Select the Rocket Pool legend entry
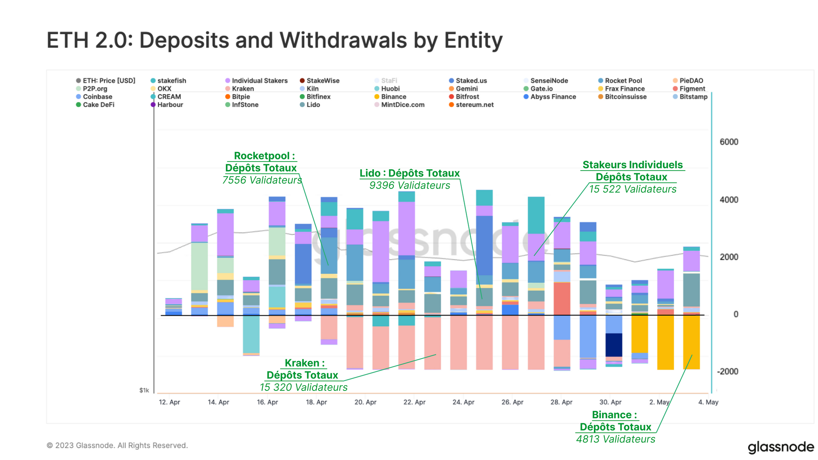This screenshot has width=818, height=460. pos(623,81)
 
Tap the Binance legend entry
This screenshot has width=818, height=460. pos(393,96)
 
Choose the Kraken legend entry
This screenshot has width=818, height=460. pos(243,89)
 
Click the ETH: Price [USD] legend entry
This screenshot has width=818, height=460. pos(108,81)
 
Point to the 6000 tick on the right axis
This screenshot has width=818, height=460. pos(729,142)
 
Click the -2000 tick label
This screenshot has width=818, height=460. pos(728,371)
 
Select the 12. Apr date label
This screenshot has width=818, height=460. pos(169,402)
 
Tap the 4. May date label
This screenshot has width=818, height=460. pos(708,402)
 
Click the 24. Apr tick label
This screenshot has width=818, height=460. pos(463,402)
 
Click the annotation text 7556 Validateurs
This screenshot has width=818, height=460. pos(262,180)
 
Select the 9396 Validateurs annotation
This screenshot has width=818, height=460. pos(409,185)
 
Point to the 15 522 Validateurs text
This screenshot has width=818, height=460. pos(632,189)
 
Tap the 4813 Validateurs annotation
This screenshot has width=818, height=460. pos(616,439)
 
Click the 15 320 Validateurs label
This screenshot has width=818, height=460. pos(303,387)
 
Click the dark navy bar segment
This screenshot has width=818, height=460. pos(613,345)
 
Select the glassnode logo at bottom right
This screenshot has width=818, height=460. pos(780,447)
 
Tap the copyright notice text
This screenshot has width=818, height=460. pos(117,445)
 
